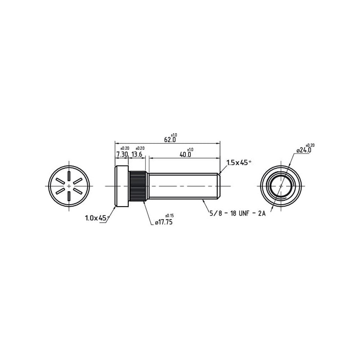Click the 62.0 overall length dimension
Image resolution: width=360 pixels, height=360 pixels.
[170, 139]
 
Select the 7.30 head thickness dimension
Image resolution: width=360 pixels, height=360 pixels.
[122, 154]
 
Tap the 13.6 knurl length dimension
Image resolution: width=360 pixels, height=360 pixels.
[137, 154]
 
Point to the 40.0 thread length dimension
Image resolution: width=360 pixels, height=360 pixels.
[185, 154]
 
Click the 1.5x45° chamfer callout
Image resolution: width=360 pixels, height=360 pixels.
[238, 163]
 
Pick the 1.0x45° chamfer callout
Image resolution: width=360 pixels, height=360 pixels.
[97, 218]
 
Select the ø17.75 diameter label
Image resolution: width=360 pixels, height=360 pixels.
[164, 222]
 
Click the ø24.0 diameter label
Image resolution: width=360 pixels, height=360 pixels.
[304, 150]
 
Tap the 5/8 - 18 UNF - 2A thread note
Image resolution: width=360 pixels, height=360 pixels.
[238, 213]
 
